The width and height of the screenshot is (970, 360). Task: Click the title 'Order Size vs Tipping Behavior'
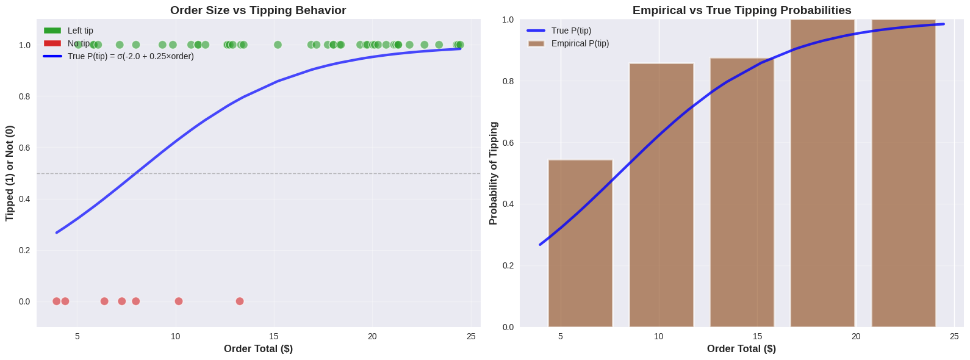click(x=258, y=10)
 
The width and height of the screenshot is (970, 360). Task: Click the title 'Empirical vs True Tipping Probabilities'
click(x=742, y=10)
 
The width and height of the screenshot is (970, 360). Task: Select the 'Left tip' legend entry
click(x=80, y=31)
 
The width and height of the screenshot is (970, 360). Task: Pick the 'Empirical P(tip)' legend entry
click(x=580, y=43)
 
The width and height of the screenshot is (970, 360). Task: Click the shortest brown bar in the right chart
click(x=580, y=244)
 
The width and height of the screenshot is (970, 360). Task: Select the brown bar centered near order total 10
click(x=661, y=195)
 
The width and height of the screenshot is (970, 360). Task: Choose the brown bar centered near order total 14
click(x=742, y=193)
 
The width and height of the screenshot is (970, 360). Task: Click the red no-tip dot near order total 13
click(x=240, y=301)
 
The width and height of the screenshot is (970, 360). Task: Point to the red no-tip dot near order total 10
click(x=179, y=301)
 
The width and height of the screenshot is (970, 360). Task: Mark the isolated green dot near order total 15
click(x=278, y=45)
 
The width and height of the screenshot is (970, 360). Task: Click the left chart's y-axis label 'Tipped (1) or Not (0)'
click(x=10, y=173)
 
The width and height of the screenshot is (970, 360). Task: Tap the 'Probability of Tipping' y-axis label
click(x=494, y=173)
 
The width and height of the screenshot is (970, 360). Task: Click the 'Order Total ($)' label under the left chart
click(x=258, y=349)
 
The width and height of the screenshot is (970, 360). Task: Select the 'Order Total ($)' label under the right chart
click(x=741, y=349)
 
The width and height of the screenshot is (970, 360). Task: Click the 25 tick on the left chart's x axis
click(x=471, y=336)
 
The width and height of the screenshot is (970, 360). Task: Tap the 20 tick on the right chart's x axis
click(x=856, y=336)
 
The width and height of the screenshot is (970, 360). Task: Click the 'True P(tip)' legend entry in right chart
click(x=571, y=31)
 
